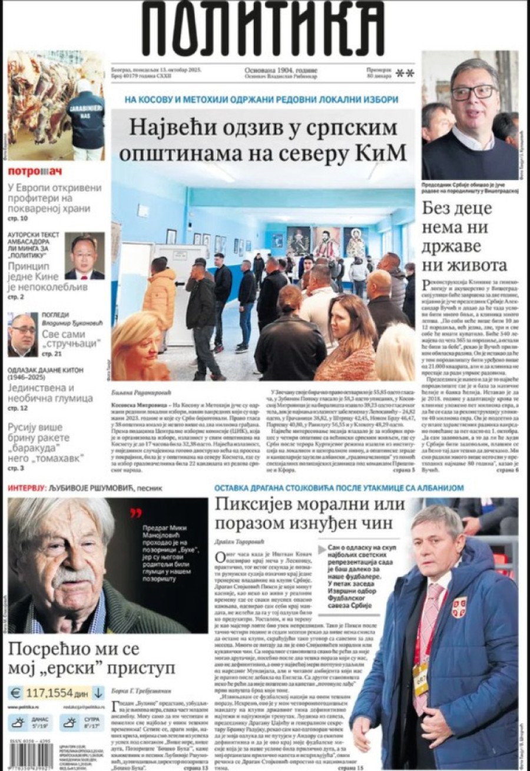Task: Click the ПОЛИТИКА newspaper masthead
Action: tap(263, 29)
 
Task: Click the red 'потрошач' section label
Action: tap(35, 172)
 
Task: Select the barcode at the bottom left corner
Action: tap(29, 754)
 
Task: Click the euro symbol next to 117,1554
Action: tap(16, 693)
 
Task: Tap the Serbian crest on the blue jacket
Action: tap(459, 607)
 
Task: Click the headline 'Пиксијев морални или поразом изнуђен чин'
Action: tap(310, 513)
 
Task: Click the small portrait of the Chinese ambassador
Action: tap(84, 255)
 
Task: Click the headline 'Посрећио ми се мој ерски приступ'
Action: tap(91, 659)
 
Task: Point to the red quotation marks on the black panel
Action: tap(136, 513)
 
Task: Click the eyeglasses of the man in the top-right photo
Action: tap(473, 92)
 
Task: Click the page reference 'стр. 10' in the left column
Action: tap(18, 218)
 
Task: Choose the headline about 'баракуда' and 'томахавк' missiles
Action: tap(50, 445)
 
